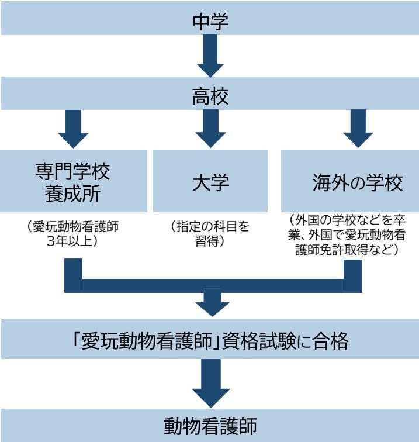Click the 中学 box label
(x=210, y=22)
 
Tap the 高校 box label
(x=210, y=96)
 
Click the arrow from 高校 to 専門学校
(x=73, y=129)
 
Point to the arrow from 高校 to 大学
(x=210, y=129)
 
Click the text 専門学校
(x=73, y=172)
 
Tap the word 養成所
(x=73, y=194)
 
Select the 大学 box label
(x=210, y=182)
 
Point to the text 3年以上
(x=73, y=241)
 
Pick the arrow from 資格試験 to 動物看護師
(x=210, y=383)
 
